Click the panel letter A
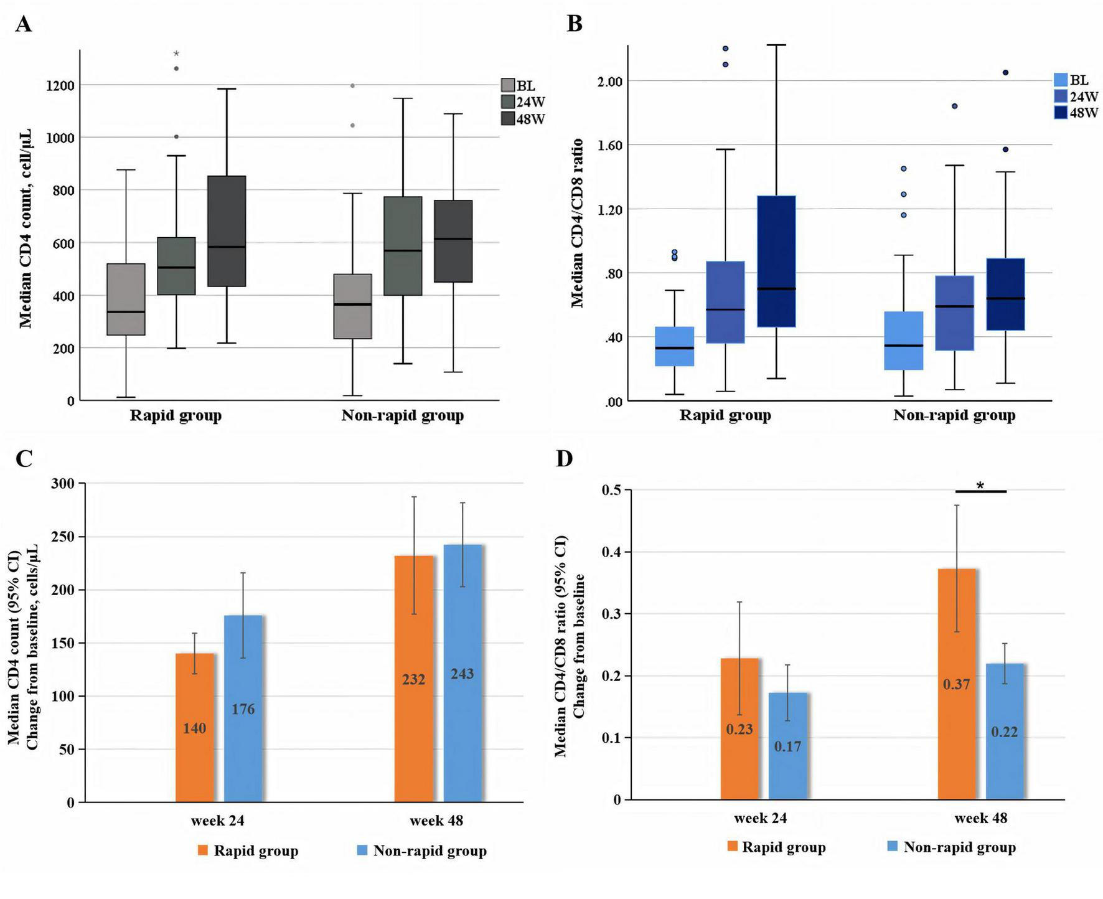click(23, 24)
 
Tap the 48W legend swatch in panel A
click(508, 118)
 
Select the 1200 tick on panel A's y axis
click(61, 85)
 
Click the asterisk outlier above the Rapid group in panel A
click(176, 54)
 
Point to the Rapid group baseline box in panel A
click(126, 299)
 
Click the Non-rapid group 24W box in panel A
click(403, 246)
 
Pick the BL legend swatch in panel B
click(1061, 80)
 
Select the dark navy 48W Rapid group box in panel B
click(776, 261)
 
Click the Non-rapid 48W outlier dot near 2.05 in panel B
click(1005, 73)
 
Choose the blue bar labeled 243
click(462, 673)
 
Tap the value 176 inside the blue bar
click(243, 709)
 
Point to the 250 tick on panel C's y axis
click(62, 537)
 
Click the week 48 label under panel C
click(436, 821)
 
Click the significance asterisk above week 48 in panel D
click(980, 485)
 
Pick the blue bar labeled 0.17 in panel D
click(787, 746)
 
